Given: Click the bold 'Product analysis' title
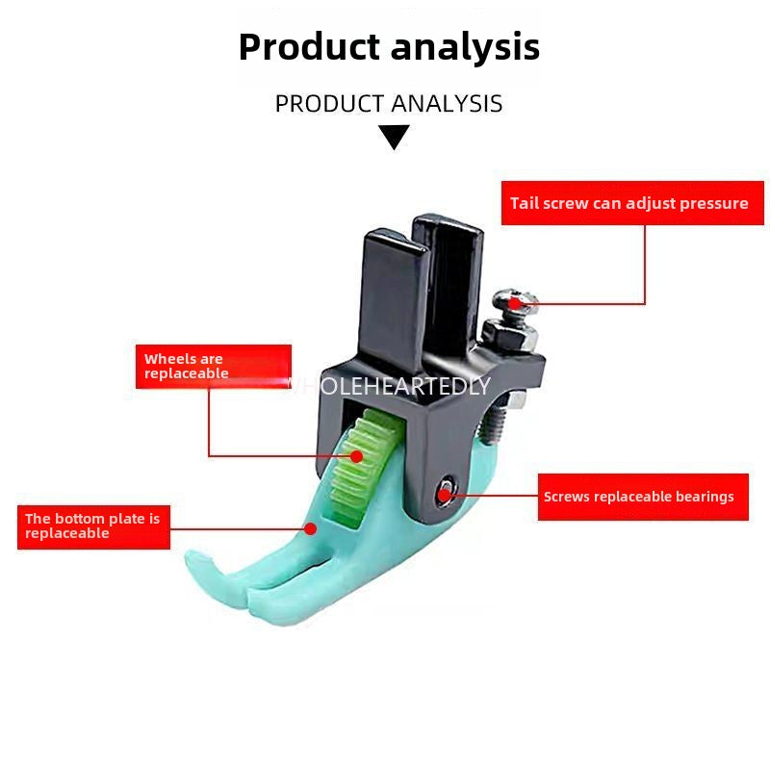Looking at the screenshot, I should (x=389, y=46).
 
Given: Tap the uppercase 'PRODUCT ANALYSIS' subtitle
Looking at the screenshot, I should (x=389, y=104).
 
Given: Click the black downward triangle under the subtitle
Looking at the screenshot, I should (x=394, y=138).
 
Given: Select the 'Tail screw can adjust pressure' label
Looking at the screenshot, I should (x=629, y=203).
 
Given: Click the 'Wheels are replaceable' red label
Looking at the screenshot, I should (x=213, y=366).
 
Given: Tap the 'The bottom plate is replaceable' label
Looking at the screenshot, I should (x=93, y=526).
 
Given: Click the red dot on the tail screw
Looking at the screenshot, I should (x=516, y=302).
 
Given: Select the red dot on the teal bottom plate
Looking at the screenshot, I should (x=310, y=527).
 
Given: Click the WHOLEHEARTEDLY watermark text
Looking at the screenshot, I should (x=389, y=386).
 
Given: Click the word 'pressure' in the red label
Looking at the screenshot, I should (x=713, y=203).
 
